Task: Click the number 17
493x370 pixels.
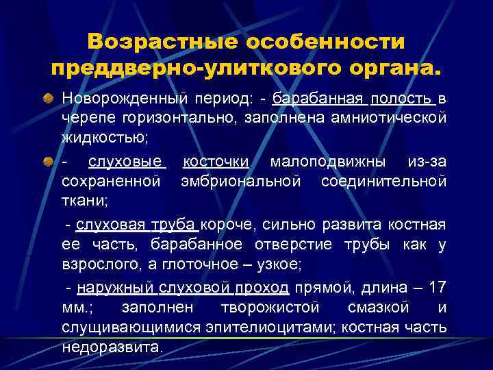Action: pos(438,286)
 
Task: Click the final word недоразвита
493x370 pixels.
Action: pos(112,348)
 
